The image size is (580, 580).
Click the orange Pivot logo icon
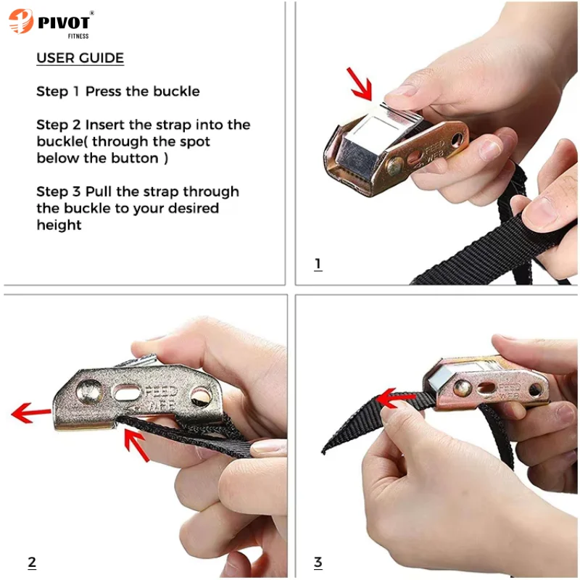click(x=20, y=21)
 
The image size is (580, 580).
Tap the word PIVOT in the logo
click(x=64, y=23)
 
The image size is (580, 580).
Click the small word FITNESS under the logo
click(x=78, y=36)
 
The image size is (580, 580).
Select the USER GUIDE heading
click(x=80, y=58)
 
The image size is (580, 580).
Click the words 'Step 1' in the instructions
click(x=58, y=91)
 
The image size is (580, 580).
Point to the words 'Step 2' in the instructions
click(x=59, y=125)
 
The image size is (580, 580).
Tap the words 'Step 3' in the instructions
click(x=59, y=191)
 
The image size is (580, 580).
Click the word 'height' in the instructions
click(x=59, y=225)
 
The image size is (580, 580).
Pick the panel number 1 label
click(x=318, y=264)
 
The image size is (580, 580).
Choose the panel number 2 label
click(x=32, y=563)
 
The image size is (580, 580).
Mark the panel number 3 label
click(x=318, y=563)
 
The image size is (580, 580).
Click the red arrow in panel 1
click(x=360, y=84)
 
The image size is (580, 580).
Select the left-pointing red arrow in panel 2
click(x=31, y=412)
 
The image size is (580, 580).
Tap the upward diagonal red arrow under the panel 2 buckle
click(x=136, y=444)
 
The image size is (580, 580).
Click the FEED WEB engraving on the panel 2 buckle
click(x=160, y=398)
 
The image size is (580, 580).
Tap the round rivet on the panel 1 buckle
click(x=394, y=166)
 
